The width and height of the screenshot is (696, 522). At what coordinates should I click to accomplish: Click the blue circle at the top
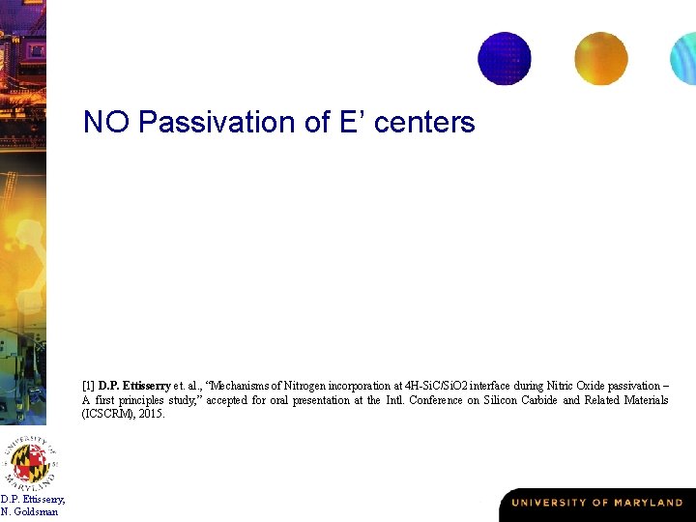(x=505, y=58)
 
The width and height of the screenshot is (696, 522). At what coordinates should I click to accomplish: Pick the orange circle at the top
(x=600, y=58)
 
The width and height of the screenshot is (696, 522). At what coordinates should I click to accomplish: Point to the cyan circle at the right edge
(x=684, y=58)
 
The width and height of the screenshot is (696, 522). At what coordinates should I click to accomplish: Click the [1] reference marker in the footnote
(x=88, y=385)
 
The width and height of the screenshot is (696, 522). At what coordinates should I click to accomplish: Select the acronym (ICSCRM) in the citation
(x=110, y=414)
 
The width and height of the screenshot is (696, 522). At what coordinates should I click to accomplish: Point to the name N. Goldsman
(x=29, y=511)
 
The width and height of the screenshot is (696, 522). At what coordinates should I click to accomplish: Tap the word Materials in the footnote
(x=646, y=399)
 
